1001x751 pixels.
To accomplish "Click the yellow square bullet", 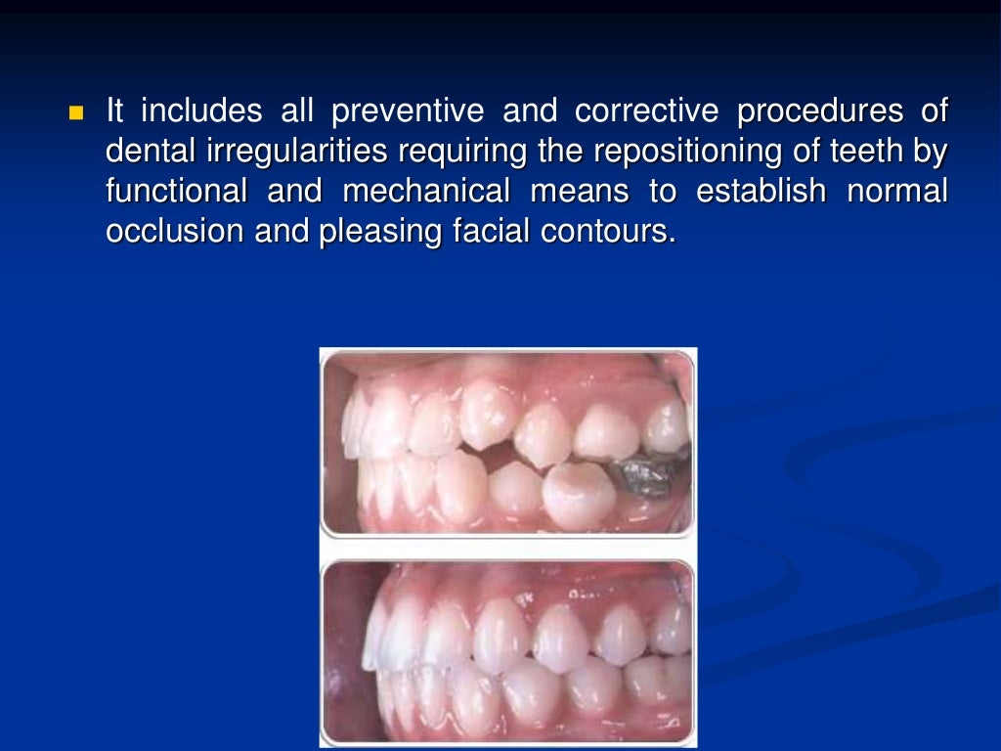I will pos(77,112).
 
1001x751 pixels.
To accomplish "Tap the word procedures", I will pos(820,112).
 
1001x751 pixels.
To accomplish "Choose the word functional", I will pos(176,193).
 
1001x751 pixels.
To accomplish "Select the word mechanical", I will pos(426,193).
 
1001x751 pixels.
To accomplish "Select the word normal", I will pos(896,193).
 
